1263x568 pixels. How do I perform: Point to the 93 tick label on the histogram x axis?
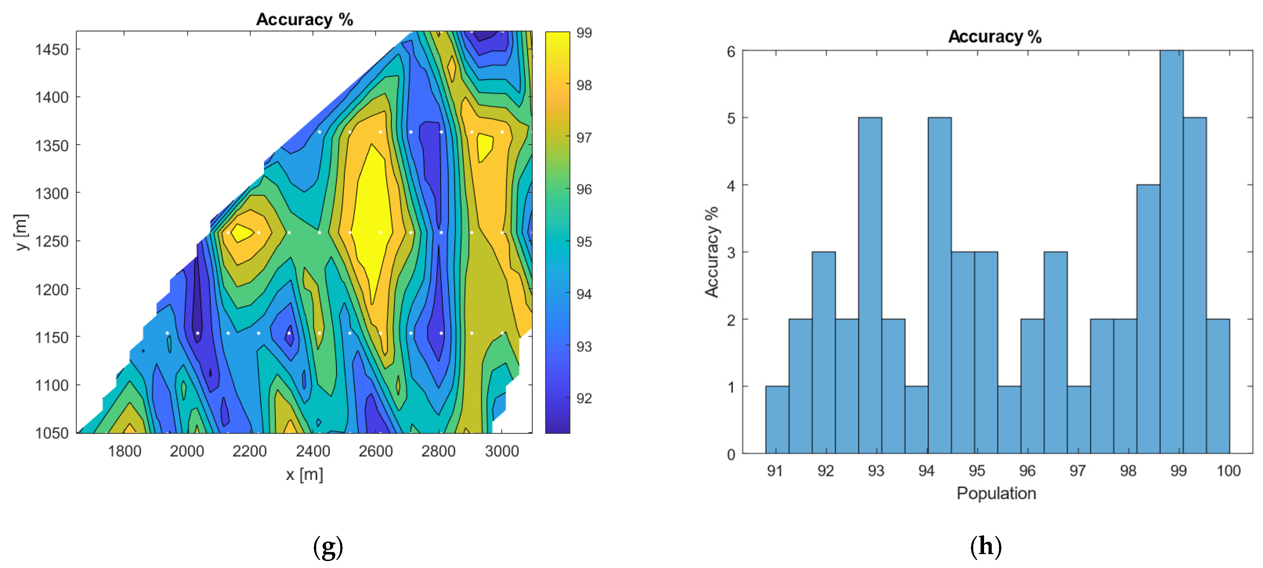click(876, 471)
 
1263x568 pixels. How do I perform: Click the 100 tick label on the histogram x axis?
click(1228, 471)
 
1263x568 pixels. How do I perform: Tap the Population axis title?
click(996, 493)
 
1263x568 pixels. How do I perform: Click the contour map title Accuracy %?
click(304, 19)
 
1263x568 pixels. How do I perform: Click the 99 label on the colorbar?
click(584, 33)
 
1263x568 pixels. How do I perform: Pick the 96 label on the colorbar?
click(584, 189)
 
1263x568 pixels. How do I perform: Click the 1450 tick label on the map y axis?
click(52, 49)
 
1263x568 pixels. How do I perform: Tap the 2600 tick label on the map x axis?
click(376, 451)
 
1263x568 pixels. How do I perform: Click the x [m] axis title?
click(304, 474)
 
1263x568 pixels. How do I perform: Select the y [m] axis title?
click(22, 232)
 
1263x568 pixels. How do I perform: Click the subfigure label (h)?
click(985, 546)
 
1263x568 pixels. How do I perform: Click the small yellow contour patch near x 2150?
click(242, 232)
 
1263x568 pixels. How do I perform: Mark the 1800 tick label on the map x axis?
click(125, 451)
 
